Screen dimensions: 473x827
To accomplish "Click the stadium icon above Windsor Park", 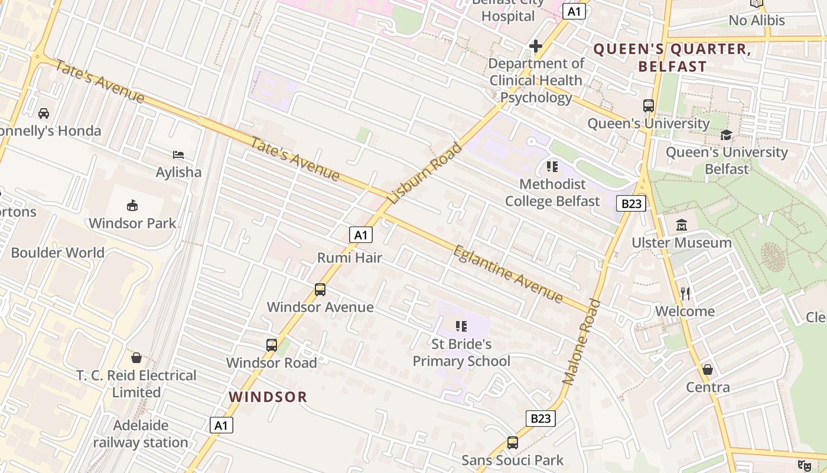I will tap(132, 206).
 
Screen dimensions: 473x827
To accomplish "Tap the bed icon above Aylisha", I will tap(178, 155).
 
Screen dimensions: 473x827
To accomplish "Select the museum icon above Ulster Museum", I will tap(682, 225).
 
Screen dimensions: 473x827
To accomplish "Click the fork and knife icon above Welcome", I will tap(685, 293).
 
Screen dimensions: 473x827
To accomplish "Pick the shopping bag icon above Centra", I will tap(708, 370).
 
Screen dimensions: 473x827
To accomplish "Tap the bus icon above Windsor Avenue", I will tap(320, 290).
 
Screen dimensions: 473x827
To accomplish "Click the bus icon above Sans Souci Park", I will tap(513, 442).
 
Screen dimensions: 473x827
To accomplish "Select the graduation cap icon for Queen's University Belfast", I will tap(726, 135).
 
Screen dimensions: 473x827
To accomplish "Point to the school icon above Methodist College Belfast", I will tap(552, 167).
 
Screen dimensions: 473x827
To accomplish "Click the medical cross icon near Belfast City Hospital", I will tap(536, 46).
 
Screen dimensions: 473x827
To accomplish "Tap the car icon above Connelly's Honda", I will tap(43, 113).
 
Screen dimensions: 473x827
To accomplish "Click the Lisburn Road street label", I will tap(425, 173).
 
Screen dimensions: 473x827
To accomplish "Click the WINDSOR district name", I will tap(268, 397).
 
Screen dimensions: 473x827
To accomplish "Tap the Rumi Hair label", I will tap(350, 258).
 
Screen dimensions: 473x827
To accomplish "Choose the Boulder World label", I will tap(57, 252).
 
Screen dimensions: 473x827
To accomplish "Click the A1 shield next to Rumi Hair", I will tap(360, 235).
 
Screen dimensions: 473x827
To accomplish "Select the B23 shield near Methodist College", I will tap(631, 203).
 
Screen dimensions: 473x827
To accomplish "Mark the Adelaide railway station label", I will tap(141, 434).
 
